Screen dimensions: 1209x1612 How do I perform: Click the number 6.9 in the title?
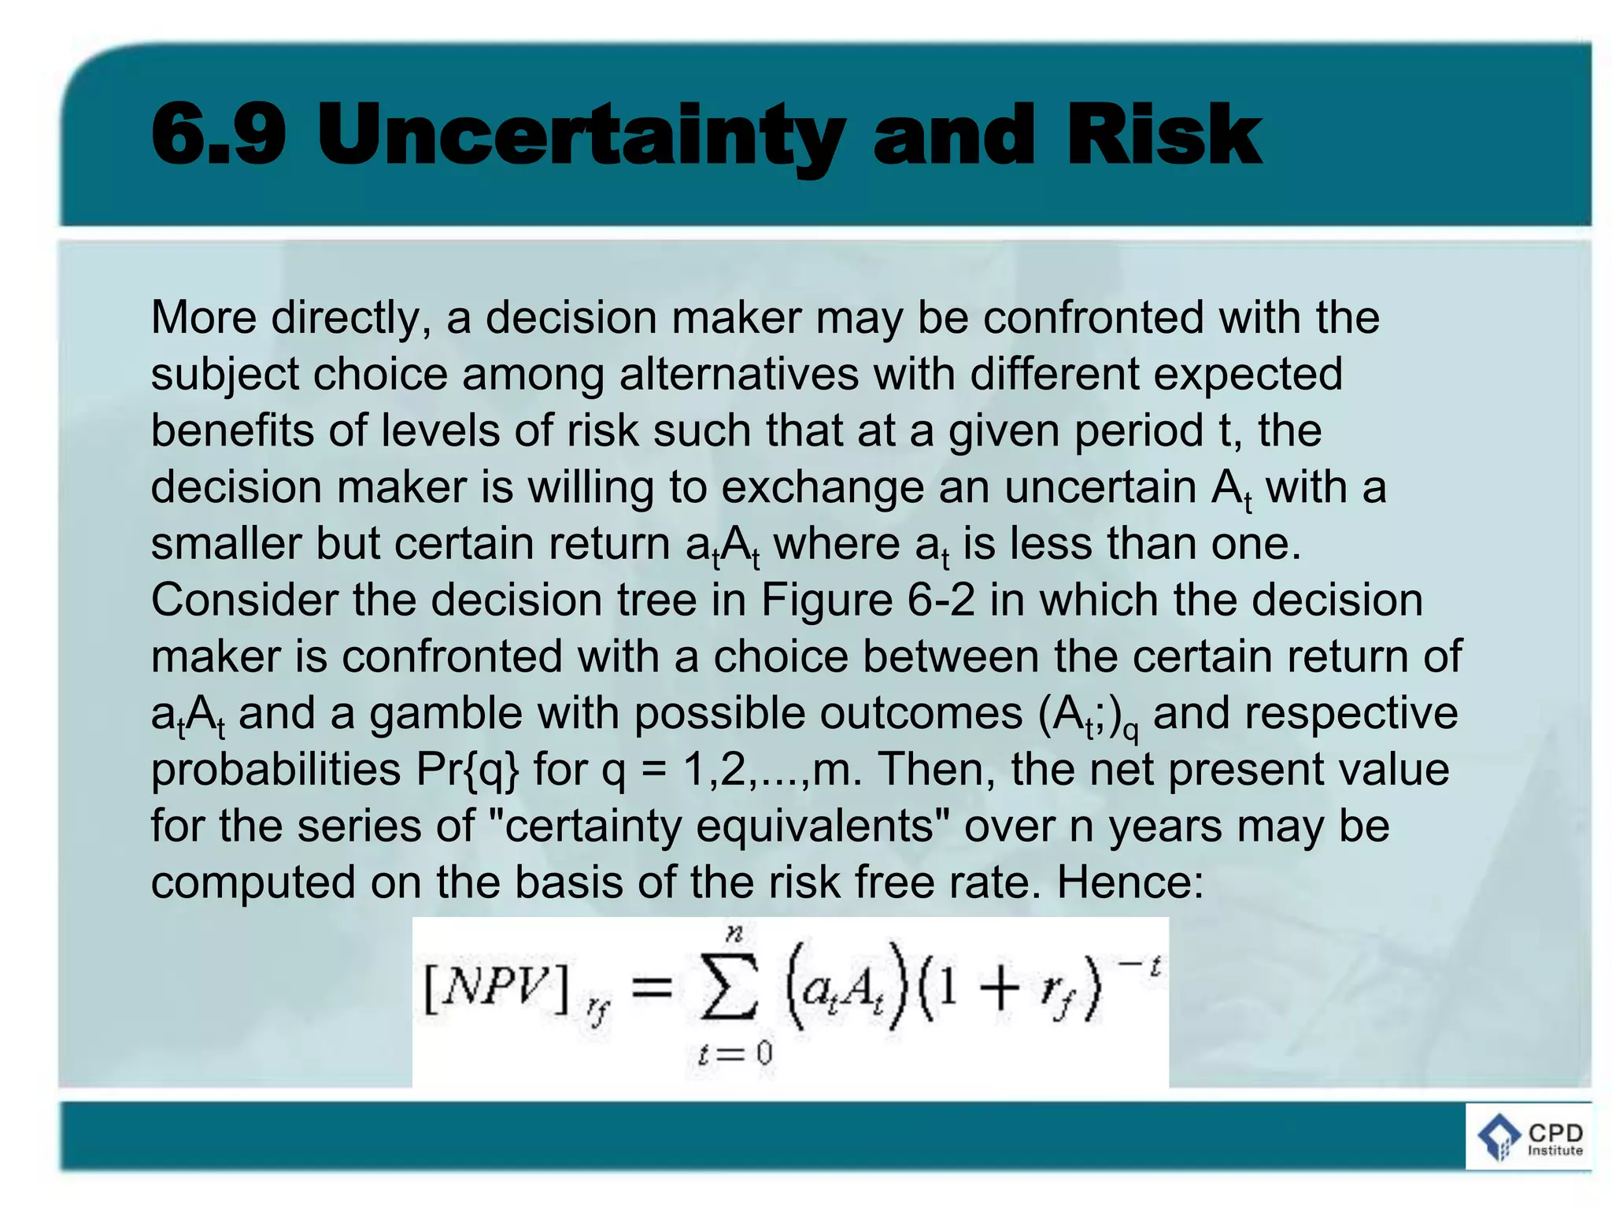pyautogui.click(x=219, y=135)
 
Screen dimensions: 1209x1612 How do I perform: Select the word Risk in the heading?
pyautogui.click(x=1164, y=135)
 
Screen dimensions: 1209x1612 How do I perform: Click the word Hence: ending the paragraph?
pyautogui.click(x=1130, y=882)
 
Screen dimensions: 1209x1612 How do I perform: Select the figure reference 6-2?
pyautogui.click(x=941, y=600)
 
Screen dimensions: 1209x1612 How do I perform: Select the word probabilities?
pyautogui.click(x=275, y=770)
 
